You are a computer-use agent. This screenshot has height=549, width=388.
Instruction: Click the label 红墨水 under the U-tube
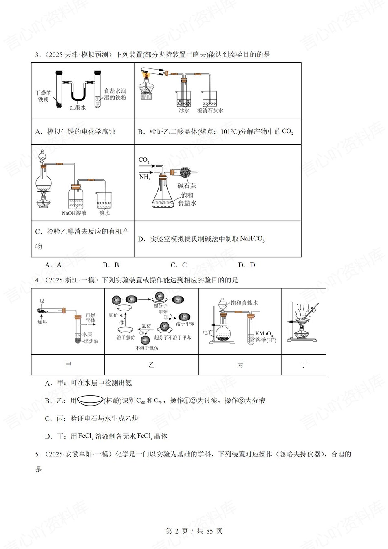click(x=77, y=108)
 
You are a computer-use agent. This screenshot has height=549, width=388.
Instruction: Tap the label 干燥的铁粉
click(x=43, y=96)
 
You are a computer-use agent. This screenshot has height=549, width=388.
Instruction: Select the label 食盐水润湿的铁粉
click(x=115, y=95)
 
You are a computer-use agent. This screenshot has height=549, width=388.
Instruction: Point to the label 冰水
click(x=184, y=110)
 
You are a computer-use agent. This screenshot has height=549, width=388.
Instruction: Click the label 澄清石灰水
click(x=210, y=110)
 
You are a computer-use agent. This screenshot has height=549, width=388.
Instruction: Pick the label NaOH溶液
click(x=74, y=213)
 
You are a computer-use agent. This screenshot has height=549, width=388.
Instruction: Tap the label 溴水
click(x=104, y=213)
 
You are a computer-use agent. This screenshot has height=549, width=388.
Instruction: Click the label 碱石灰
click(x=187, y=185)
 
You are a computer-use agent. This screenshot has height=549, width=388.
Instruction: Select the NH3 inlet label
click(x=144, y=177)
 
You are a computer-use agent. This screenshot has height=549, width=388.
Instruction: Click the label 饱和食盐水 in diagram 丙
click(x=244, y=303)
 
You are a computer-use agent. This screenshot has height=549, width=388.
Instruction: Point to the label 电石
click(x=208, y=332)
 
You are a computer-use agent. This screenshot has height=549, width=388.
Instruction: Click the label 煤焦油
click(x=91, y=341)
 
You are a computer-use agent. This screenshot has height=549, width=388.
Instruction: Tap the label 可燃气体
click(x=90, y=318)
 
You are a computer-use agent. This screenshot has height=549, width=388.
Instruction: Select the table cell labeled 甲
click(x=68, y=364)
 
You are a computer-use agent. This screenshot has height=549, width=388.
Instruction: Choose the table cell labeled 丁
click(x=304, y=364)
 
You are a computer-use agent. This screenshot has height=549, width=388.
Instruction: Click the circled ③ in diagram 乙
click(x=121, y=322)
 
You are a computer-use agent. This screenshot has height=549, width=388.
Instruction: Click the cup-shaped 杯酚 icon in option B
click(x=90, y=401)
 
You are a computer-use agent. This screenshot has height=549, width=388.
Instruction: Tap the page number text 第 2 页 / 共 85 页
click(x=194, y=531)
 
